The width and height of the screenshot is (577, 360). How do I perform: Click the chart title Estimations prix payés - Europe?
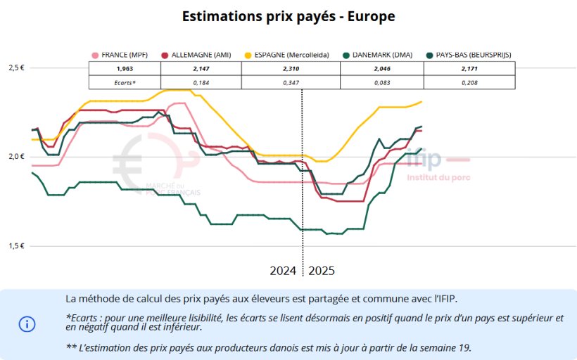[288, 16]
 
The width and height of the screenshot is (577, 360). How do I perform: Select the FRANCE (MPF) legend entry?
[124, 54]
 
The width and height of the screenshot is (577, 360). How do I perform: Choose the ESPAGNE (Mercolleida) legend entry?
[286, 54]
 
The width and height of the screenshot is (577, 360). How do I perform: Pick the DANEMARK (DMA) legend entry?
[380, 54]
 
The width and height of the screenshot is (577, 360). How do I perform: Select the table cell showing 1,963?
[125, 69]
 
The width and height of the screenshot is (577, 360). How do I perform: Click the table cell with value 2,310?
[291, 69]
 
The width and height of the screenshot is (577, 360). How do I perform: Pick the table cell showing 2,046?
[382, 69]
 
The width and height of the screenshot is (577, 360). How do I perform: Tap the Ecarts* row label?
[125, 83]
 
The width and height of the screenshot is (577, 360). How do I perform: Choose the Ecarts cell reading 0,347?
[291, 83]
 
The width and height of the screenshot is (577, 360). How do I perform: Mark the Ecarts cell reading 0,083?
[382, 83]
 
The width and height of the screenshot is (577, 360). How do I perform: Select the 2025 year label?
[322, 271]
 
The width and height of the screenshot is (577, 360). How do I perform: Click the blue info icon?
[27, 324]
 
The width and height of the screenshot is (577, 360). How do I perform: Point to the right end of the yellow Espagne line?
[421, 102]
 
